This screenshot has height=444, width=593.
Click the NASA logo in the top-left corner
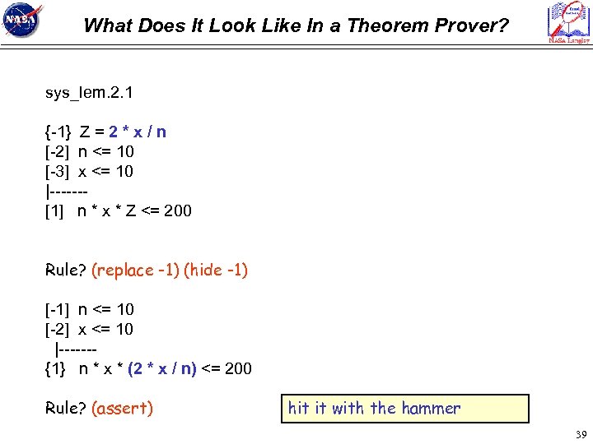click(x=23, y=21)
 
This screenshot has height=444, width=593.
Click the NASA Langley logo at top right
click(x=568, y=22)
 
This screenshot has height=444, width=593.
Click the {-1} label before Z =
click(x=58, y=132)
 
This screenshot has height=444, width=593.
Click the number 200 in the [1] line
click(x=178, y=210)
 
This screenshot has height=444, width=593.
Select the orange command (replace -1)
click(x=135, y=270)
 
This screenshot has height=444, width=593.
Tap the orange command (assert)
click(x=123, y=408)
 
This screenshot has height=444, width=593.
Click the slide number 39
click(x=580, y=435)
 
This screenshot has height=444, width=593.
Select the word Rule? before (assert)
click(x=66, y=408)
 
